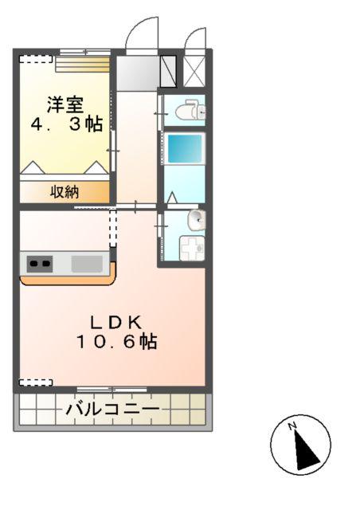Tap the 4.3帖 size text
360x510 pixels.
[x=66, y=124]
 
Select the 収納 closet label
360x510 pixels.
[x=65, y=191]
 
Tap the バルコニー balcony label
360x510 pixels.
[x=112, y=410]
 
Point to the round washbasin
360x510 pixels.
[x=195, y=219]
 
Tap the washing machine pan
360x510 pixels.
[x=192, y=249]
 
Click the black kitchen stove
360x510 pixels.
[x=39, y=262]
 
